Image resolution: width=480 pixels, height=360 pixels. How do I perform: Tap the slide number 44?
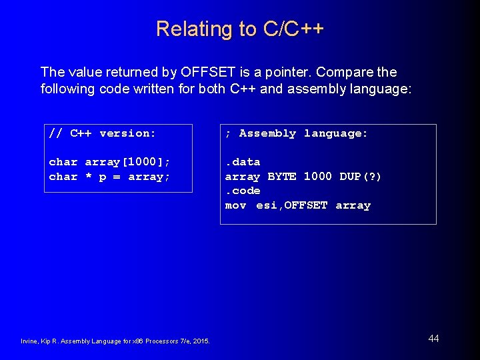(x=433, y=339)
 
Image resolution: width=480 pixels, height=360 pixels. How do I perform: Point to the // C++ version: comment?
(x=102, y=133)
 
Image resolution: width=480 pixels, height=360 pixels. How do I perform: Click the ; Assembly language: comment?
(x=297, y=133)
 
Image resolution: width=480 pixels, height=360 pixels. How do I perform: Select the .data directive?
(x=243, y=162)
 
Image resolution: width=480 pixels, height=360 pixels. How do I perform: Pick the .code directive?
(x=243, y=191)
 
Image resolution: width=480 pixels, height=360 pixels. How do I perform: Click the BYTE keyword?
(x=282, y=177)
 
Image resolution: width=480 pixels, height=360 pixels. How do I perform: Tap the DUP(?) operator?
(x=361, y=177)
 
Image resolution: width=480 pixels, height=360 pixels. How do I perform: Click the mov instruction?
(x=236, y=205)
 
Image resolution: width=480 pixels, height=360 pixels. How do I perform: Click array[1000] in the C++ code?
(x=127, y=162)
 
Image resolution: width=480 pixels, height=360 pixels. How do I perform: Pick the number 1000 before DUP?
(x=317, y=177)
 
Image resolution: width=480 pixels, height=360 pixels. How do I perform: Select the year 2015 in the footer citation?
(x=199, y=342)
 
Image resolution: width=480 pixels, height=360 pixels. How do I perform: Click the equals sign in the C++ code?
(x=117, y=177)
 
